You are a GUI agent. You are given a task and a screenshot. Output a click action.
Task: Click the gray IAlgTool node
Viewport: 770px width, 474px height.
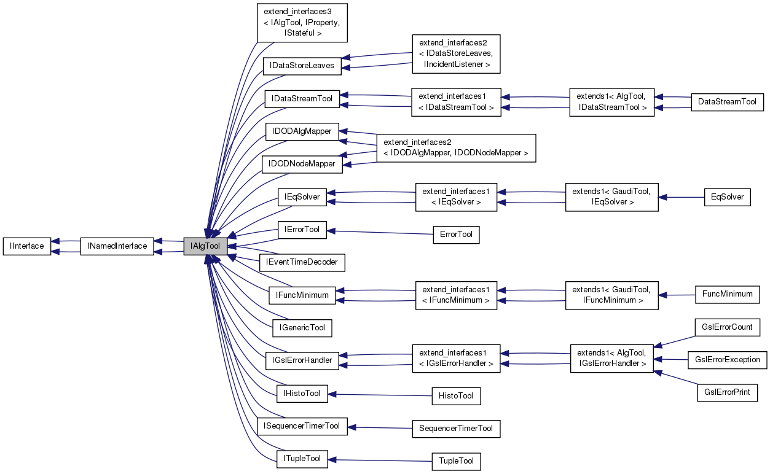[205, 246]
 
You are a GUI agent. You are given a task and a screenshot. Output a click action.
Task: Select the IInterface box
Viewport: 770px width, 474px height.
[26, 246]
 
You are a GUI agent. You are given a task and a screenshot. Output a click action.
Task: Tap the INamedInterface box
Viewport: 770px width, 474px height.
[117, 246]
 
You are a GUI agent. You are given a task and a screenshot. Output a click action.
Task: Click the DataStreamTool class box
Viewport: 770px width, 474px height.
[727, 102]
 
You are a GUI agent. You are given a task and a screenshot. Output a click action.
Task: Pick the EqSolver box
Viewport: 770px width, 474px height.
[727, 197]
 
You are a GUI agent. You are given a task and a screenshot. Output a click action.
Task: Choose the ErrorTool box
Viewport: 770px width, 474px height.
[456, 235]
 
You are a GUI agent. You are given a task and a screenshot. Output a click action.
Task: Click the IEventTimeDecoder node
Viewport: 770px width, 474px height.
[302, 262]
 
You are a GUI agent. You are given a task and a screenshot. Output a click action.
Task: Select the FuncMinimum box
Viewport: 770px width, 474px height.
[727, 294]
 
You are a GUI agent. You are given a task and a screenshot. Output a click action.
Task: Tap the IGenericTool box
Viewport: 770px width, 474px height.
[302, 328]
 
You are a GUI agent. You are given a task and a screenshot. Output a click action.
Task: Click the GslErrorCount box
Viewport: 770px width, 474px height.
[727, 327]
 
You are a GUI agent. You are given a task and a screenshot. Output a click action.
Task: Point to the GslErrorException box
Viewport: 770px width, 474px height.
[727, 360]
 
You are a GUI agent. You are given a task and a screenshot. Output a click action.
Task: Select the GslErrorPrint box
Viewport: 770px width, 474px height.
[727, 392]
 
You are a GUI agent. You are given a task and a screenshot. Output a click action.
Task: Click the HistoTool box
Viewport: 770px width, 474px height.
[456, 396]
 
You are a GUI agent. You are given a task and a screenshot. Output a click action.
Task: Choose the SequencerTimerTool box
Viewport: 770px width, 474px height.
[456, 429]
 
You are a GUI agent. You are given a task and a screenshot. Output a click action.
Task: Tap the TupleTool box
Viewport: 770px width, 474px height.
[456, 461]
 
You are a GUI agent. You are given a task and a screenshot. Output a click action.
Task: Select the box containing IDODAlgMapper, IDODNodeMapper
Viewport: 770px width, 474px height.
[456, 147]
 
